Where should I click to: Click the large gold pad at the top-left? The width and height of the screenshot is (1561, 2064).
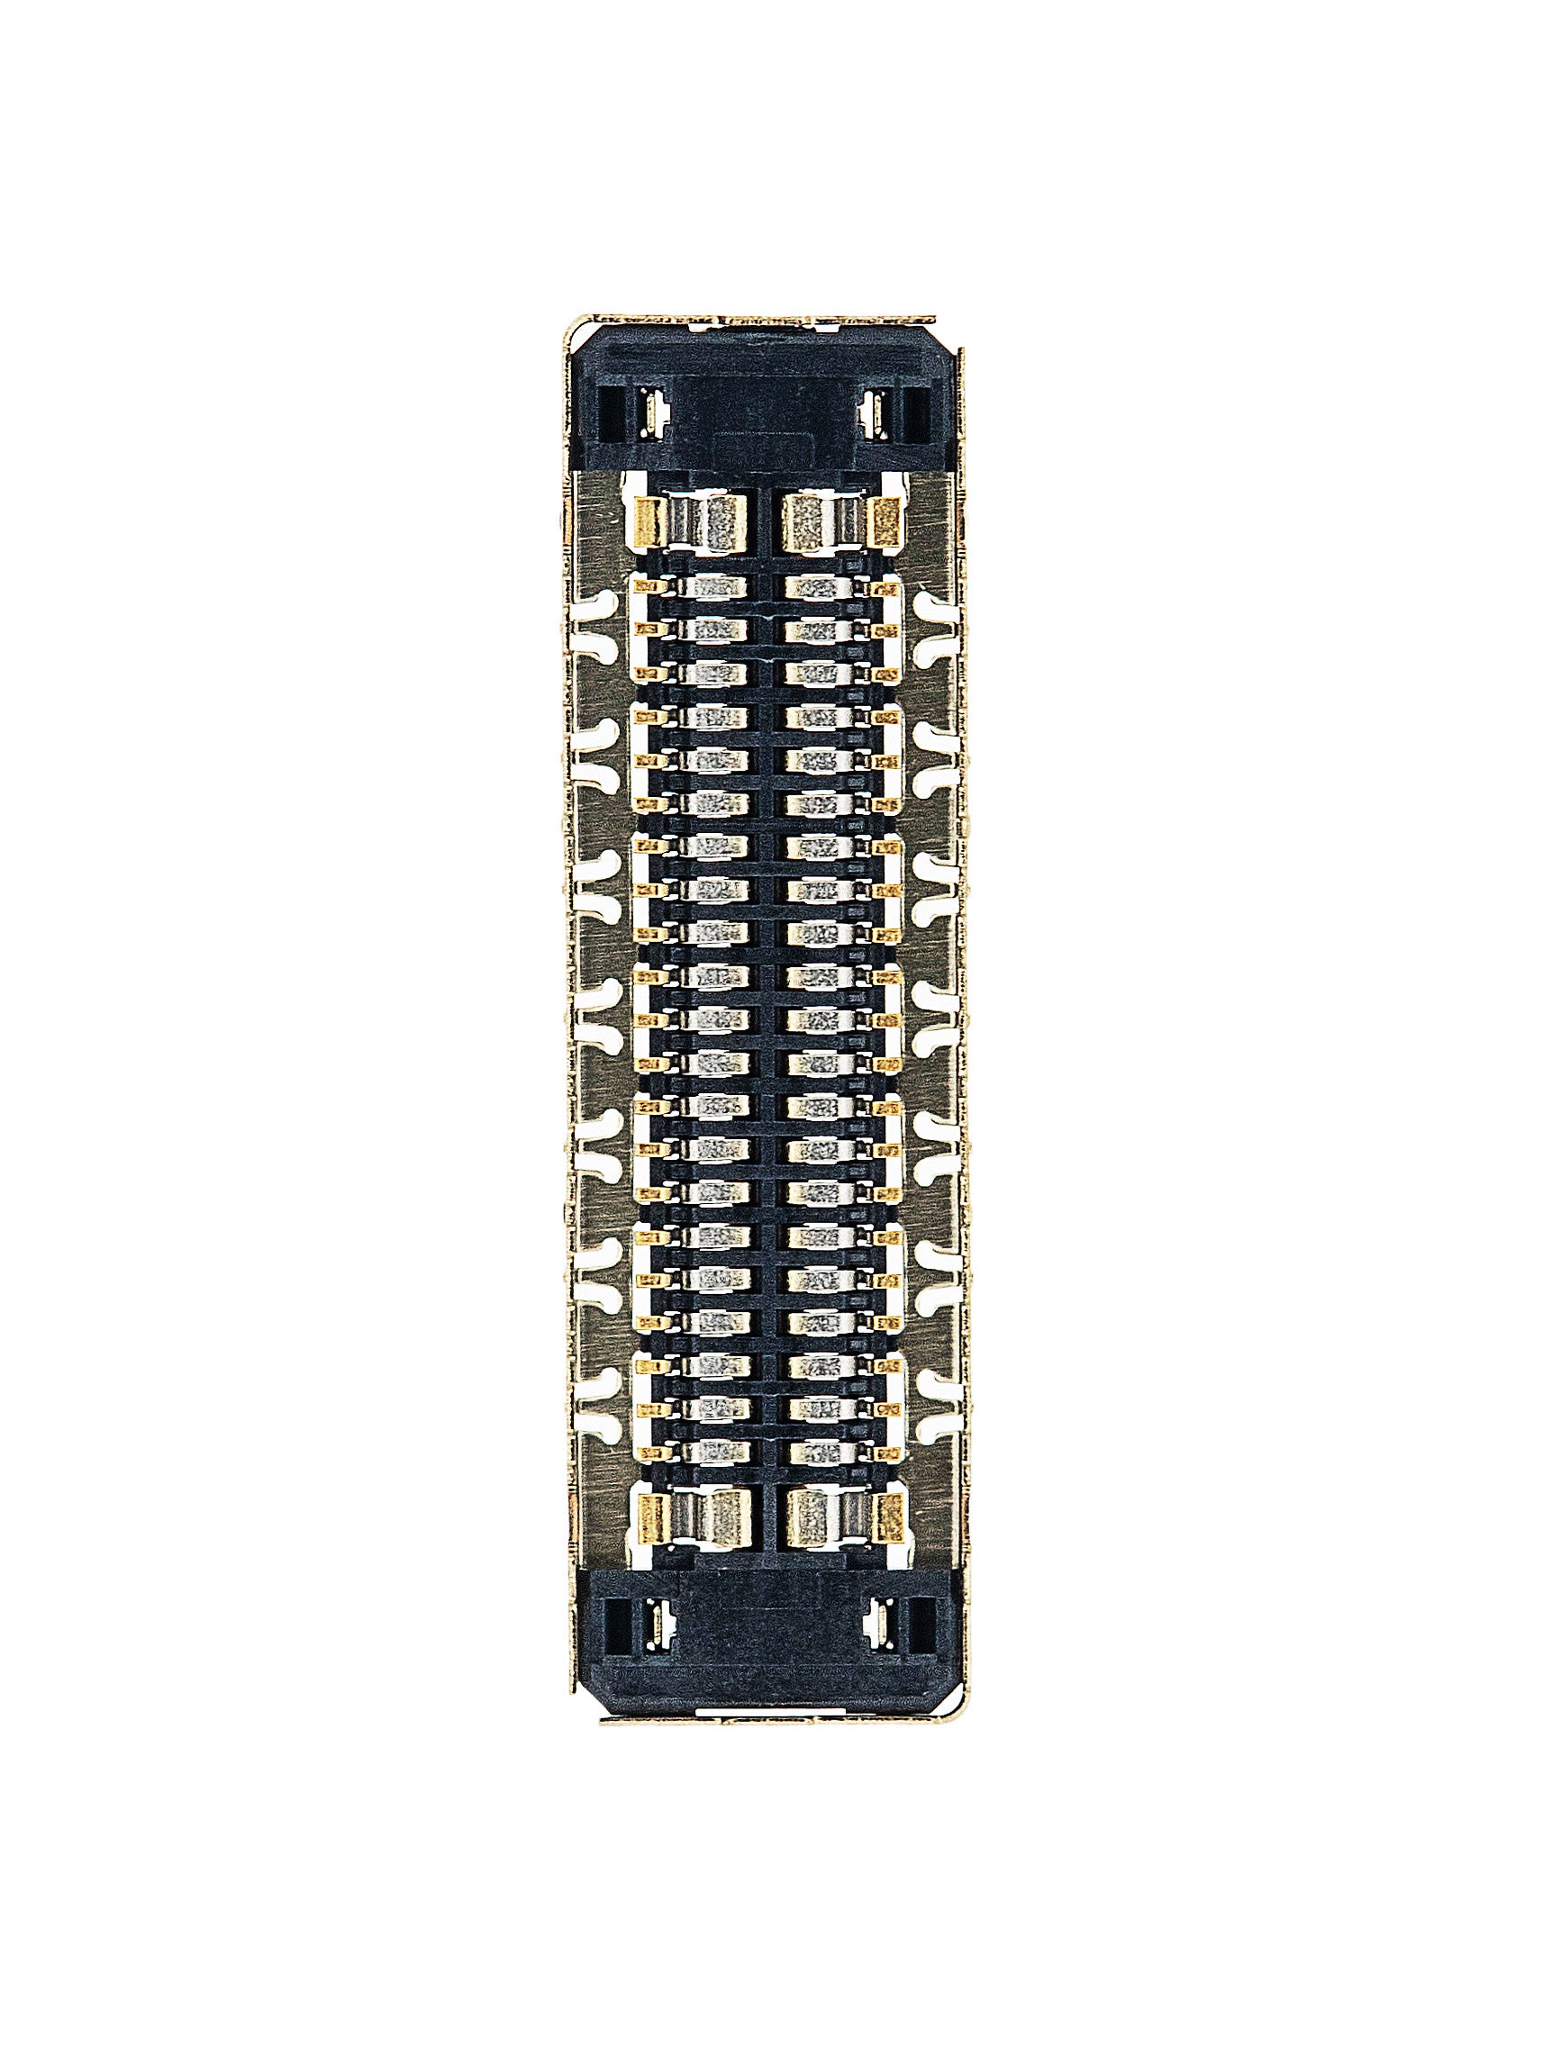648,522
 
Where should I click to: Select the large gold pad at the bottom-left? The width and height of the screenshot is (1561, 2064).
651,1518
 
